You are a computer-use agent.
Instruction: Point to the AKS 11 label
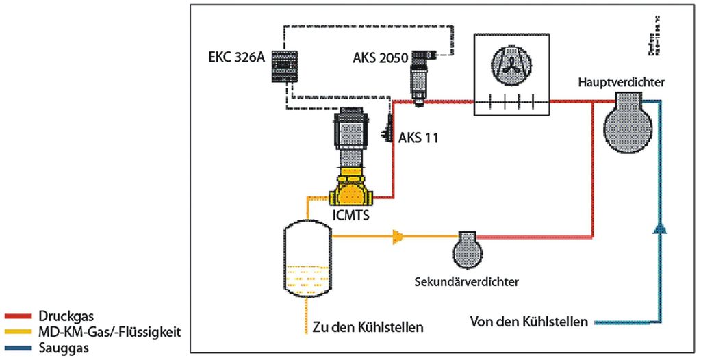418,138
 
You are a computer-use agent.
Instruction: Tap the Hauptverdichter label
622,83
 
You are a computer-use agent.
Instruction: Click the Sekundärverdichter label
467,281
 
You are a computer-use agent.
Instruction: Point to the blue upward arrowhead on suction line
659,228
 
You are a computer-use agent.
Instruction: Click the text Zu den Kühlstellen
368,326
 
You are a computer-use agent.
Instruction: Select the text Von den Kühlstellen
529,321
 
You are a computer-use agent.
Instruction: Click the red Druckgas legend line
19,317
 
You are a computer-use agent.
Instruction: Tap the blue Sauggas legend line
19,348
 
